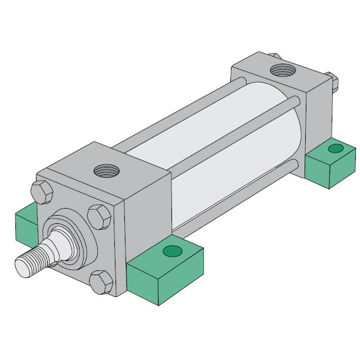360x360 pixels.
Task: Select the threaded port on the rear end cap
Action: [282, 71]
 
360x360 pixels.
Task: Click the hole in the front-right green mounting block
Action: [173, 252]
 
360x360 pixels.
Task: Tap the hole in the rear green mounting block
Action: [335, 147]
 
